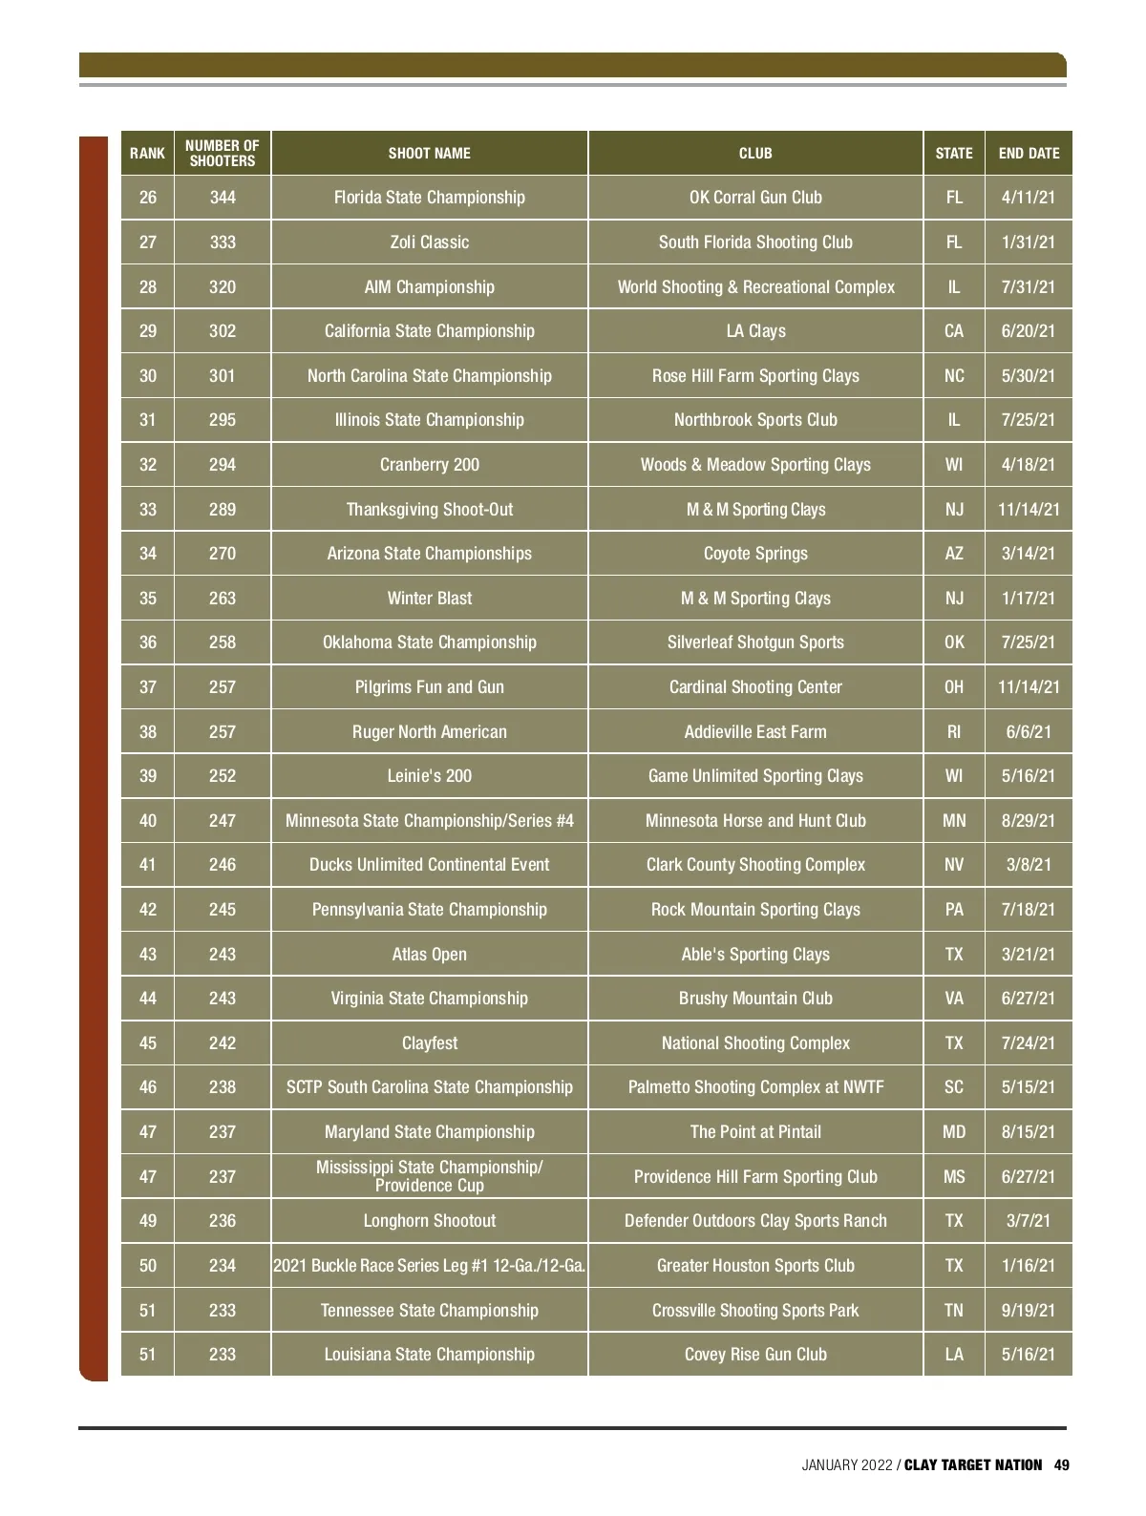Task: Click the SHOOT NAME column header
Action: pyautogui.click(x=429, y=153)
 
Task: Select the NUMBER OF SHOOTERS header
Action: pyautogui.click(x=223, y=153)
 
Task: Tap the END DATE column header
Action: pyautogui.click(x=1029, y=153)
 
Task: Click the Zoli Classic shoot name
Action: pyautogui.click(x=429, y=242)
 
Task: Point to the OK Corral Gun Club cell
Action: pyautogui.click(x=755, y=198)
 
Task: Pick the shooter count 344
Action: pyautogui.click(x=223, y=198)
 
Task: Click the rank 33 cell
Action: pyautogui.click(x=148, y=510)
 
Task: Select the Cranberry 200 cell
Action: pyautogui.click(x=429, y=465)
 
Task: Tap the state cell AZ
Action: pyautogui.click(x=954, y=554)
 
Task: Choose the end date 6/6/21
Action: pyautogui.click(x=1029, y=732)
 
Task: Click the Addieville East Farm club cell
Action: pyautogui.click(x=755, y=732)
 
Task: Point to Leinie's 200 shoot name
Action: pyautogui.click(x=429, y=776)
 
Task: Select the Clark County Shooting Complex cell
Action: pyautogui.click(x=755, y=865)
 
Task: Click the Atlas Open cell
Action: pyautogui.click(x=429, y=955)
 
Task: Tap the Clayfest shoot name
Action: pyautogui.click(x=429, y=1043)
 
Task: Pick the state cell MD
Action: pyautogui.click(x=954, y=1132)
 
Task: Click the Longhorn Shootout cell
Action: pyautogui.click(x=429, y=1221)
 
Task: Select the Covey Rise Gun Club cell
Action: pyautogui.click(x=755, y=1355)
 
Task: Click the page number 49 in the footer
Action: pyautogui.click(x=1062, y=1465)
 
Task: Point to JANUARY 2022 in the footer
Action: pyautogui.click(x=846, y=1465)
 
